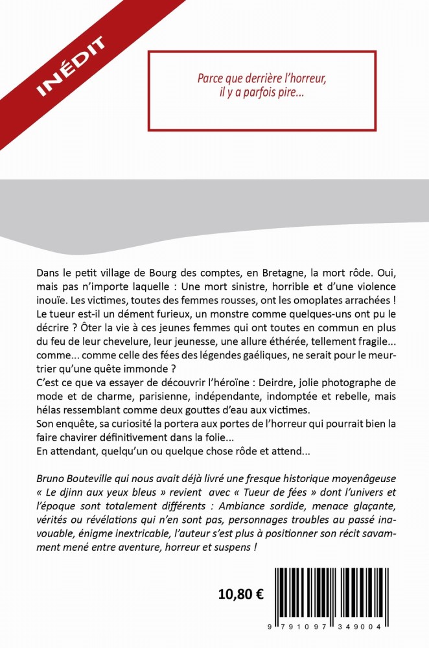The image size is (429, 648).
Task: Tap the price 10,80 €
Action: (240, 594)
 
